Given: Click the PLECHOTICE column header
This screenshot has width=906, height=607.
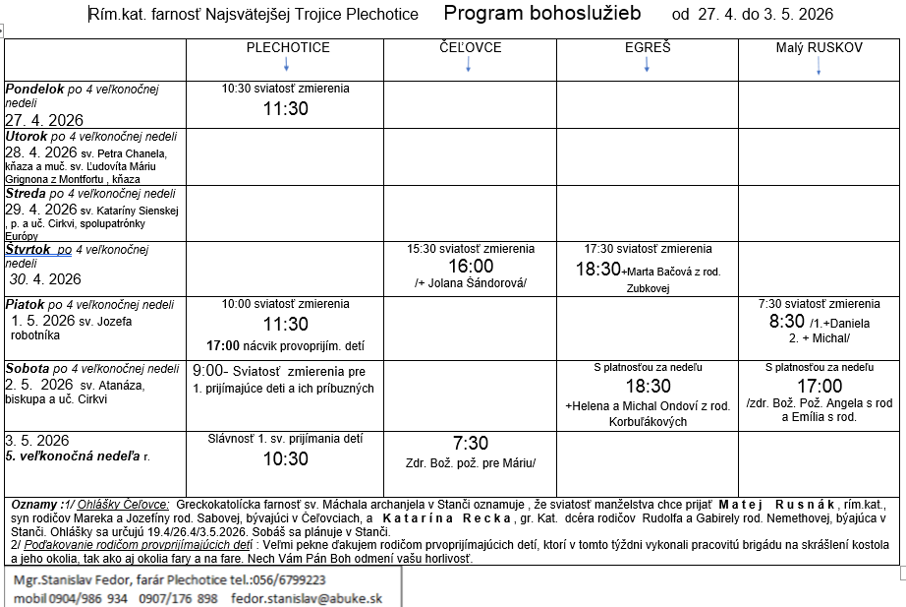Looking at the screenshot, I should click(287, 47).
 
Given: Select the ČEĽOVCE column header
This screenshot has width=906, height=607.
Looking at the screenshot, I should click(470, 47).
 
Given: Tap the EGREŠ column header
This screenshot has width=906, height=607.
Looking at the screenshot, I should click(648, 47).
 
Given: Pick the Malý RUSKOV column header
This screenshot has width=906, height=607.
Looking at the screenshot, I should click(819, 47).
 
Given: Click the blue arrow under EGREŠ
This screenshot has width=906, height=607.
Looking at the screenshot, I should click(648, 64).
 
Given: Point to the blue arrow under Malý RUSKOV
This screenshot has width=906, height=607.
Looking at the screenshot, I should click(819, 65).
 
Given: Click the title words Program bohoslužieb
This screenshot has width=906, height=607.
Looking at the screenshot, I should click(541, 13).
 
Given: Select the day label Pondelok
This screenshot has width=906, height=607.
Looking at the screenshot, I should click(34, 90).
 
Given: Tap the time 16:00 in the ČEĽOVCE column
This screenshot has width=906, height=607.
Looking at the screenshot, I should click(471, 267).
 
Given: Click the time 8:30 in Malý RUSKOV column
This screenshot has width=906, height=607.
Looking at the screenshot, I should click(788, 322).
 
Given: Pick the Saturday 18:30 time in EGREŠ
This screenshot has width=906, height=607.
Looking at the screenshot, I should click(648, 387).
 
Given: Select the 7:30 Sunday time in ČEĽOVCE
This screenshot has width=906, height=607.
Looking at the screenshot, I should click(471, 444).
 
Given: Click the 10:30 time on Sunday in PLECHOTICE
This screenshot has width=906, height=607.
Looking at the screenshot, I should click(285, 459).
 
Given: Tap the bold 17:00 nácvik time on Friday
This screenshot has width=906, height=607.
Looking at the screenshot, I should click(225, 345).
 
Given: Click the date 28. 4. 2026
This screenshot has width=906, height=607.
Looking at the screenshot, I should click(40, 152).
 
